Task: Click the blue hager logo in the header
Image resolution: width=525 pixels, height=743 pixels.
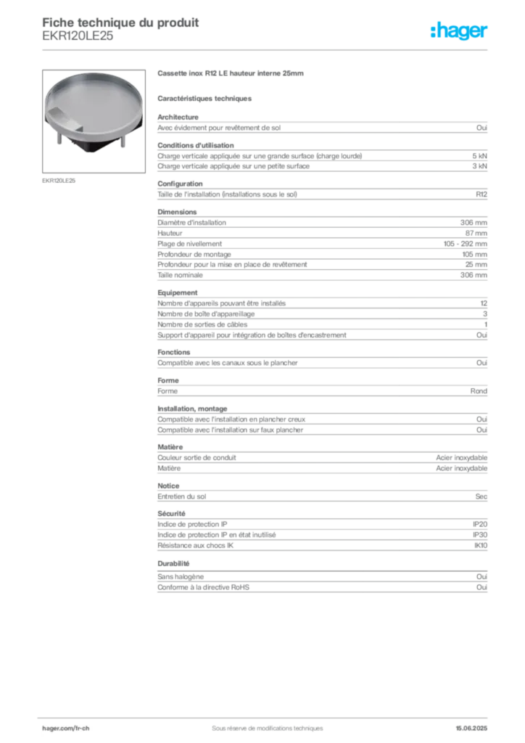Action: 459,32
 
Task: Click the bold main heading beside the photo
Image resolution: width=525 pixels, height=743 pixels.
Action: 233,75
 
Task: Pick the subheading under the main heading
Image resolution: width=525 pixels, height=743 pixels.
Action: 205,97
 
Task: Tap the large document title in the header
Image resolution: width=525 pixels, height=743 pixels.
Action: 120,22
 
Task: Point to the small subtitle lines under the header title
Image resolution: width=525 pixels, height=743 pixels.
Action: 78,41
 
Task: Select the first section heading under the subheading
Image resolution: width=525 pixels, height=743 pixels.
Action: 171,114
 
